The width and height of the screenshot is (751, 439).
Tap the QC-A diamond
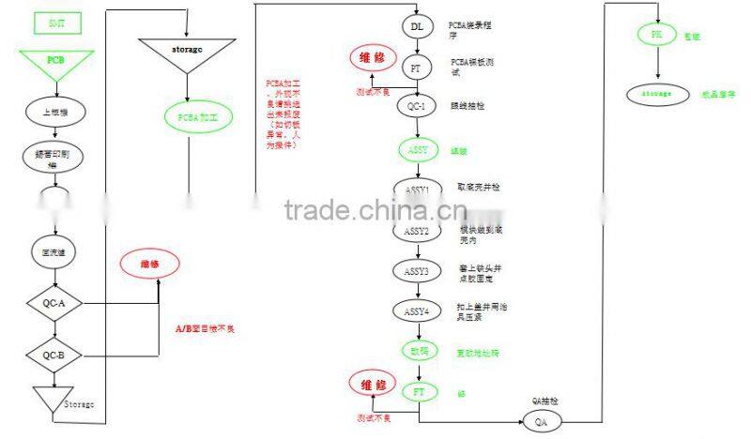click(x=54, y=303)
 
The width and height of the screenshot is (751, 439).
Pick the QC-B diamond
click(x=54, y=356)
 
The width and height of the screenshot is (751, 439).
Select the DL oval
click(x=417, y=26)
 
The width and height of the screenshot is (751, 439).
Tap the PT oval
click(x=417, y=68)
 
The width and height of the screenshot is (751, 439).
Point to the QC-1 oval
click(x=417, y=106)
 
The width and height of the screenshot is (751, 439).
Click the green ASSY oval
click(x=417, y=150)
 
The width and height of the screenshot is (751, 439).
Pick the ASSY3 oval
click(x=417, y=271)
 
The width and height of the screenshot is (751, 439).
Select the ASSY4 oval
click(x=417, y=310)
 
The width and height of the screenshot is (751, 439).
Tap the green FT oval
click(x=417, y=391)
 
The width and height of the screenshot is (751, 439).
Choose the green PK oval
click(x=656, y=35)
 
